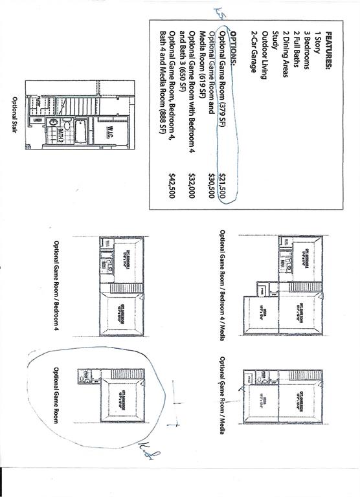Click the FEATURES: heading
pyautogui.click(x=329, y=52)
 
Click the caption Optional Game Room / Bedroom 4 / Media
pyautogui.click(x=222, y=285)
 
